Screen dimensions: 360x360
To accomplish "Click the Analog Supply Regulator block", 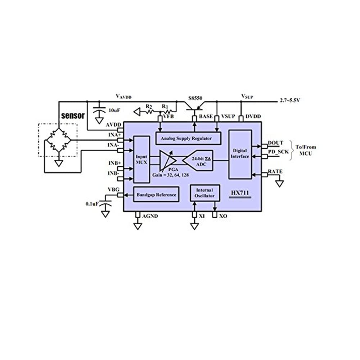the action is point(188,138).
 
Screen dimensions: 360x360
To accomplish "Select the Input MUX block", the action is point(141,159).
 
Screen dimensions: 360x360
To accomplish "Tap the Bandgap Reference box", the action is point(156,194).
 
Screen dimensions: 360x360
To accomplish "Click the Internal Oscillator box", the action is point(205,193).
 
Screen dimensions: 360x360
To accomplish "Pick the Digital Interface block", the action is point(240,154).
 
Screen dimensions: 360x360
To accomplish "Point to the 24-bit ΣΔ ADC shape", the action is point(198,160).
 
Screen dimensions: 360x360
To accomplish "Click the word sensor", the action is point(73,116).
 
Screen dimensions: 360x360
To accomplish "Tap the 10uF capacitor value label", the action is point(114,110).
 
